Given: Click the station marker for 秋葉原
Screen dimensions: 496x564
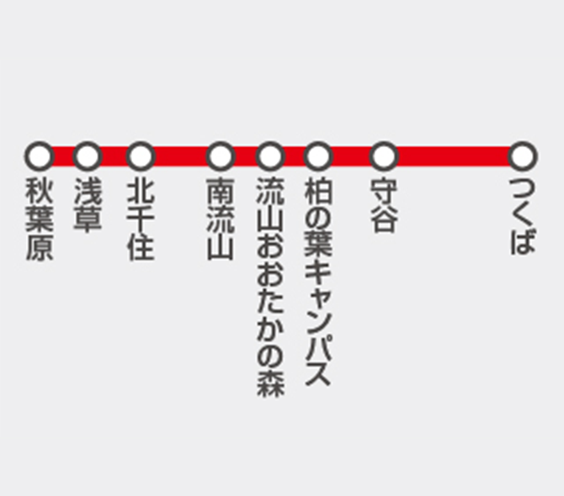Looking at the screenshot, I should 39,156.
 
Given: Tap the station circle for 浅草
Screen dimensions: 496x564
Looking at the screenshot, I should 88,156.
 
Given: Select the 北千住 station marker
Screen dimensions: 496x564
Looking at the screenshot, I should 141,156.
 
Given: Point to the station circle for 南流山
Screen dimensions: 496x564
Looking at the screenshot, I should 221,156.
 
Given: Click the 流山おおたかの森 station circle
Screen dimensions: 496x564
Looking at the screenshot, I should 270,156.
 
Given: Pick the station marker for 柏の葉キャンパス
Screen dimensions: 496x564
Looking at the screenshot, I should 318,156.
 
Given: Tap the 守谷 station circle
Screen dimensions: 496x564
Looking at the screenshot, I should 383,156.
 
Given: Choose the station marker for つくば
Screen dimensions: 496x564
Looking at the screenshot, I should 523,156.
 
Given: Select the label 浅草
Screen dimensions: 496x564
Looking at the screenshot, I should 88,203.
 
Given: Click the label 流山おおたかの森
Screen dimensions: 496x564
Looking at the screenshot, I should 270,286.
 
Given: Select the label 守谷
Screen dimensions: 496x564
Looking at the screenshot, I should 383,204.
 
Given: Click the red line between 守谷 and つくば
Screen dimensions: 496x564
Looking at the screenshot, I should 453,156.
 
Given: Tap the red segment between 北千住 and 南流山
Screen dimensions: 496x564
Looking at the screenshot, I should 180,156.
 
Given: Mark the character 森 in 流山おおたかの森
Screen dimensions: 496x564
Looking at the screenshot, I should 270,381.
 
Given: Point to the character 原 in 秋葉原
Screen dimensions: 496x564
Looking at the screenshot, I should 39,247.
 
